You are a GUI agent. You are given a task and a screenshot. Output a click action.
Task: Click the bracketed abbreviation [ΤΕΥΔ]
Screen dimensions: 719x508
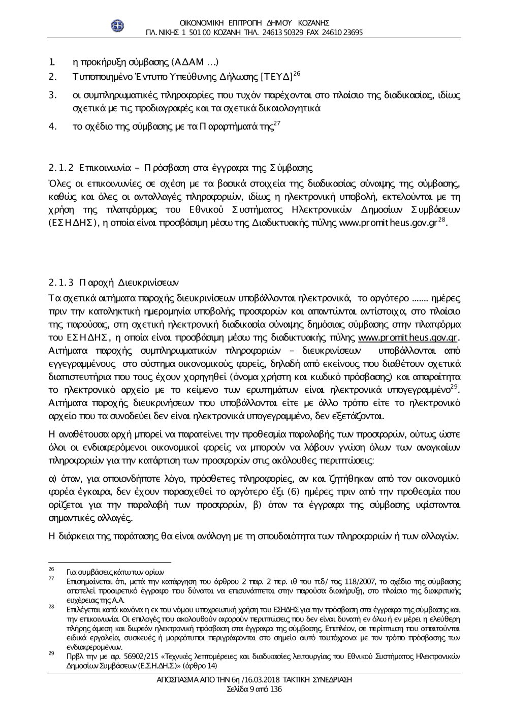pos(277,78)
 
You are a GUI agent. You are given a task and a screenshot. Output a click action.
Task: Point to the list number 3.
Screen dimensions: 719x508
pos(52,95)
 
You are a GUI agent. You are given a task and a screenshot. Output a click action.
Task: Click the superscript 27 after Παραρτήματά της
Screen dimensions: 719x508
pos(277,123)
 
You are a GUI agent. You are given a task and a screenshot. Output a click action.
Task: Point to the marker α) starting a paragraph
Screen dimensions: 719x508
pos(51,478)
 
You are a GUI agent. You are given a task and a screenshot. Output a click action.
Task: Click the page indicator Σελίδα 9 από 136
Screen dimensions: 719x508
pos(253,689)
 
